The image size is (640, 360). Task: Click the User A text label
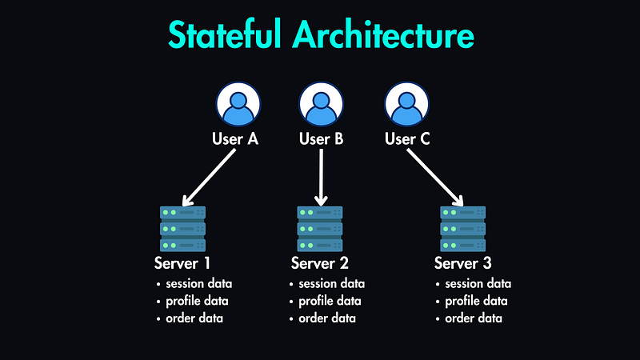point(235,139)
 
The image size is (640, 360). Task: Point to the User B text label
point(321,139)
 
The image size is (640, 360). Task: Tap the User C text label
point(407,139)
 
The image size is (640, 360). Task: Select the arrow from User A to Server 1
point(210,177)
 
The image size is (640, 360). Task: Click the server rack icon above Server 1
point(182,229)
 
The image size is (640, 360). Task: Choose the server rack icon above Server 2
point(320,229)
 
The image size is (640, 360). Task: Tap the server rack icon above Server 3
point(463,229)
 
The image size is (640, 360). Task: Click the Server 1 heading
point(182,263)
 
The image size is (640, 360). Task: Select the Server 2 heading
point(320,263)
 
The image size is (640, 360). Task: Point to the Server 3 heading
point(463,263)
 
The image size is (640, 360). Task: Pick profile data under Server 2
point(330,301)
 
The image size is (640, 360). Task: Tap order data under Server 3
point(474,318)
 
